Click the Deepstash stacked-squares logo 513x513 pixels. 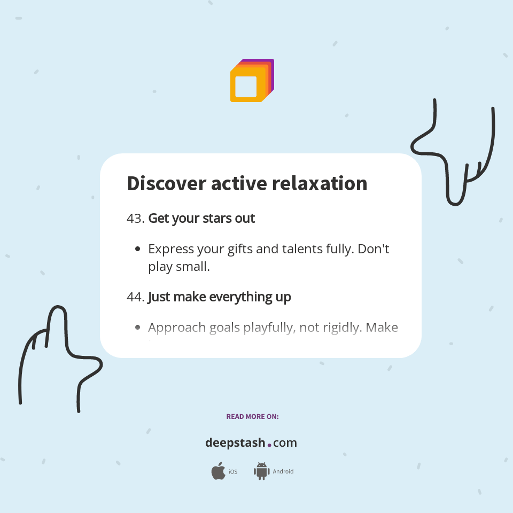coord(252,81)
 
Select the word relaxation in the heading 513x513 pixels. coord(320,183)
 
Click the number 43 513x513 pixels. coord(135,219)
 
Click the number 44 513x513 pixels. coord(135,297)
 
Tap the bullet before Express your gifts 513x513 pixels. coord(138,249)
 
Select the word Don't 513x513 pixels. coord(373,249)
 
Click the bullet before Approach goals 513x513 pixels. coord(138,327)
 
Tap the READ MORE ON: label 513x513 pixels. coord(252,416)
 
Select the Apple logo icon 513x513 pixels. coord(218,471)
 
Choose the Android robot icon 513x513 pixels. coord(261,471)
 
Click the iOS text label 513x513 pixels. coord(233,472)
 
